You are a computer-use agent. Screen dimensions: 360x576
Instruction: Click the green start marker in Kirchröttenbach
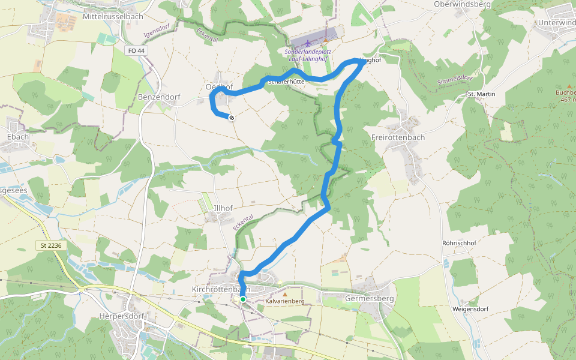(x=242, y=299)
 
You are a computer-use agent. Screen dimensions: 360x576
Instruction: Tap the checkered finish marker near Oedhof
(x=231, y=118)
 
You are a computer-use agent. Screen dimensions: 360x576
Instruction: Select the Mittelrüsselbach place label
(x=113, y=16)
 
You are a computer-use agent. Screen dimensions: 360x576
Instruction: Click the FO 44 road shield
(x=137, y=52)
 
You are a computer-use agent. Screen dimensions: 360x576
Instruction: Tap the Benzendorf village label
(x=159, y=97)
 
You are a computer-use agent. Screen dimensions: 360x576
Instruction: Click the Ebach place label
(x=18, y=137)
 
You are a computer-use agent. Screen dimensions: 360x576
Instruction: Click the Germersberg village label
(x=370, y=298)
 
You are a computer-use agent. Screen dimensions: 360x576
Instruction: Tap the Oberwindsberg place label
(x=462, y=4)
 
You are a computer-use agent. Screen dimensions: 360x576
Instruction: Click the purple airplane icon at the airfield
(x=308, y=43)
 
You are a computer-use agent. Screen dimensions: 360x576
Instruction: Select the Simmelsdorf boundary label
(x=455, y=80)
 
